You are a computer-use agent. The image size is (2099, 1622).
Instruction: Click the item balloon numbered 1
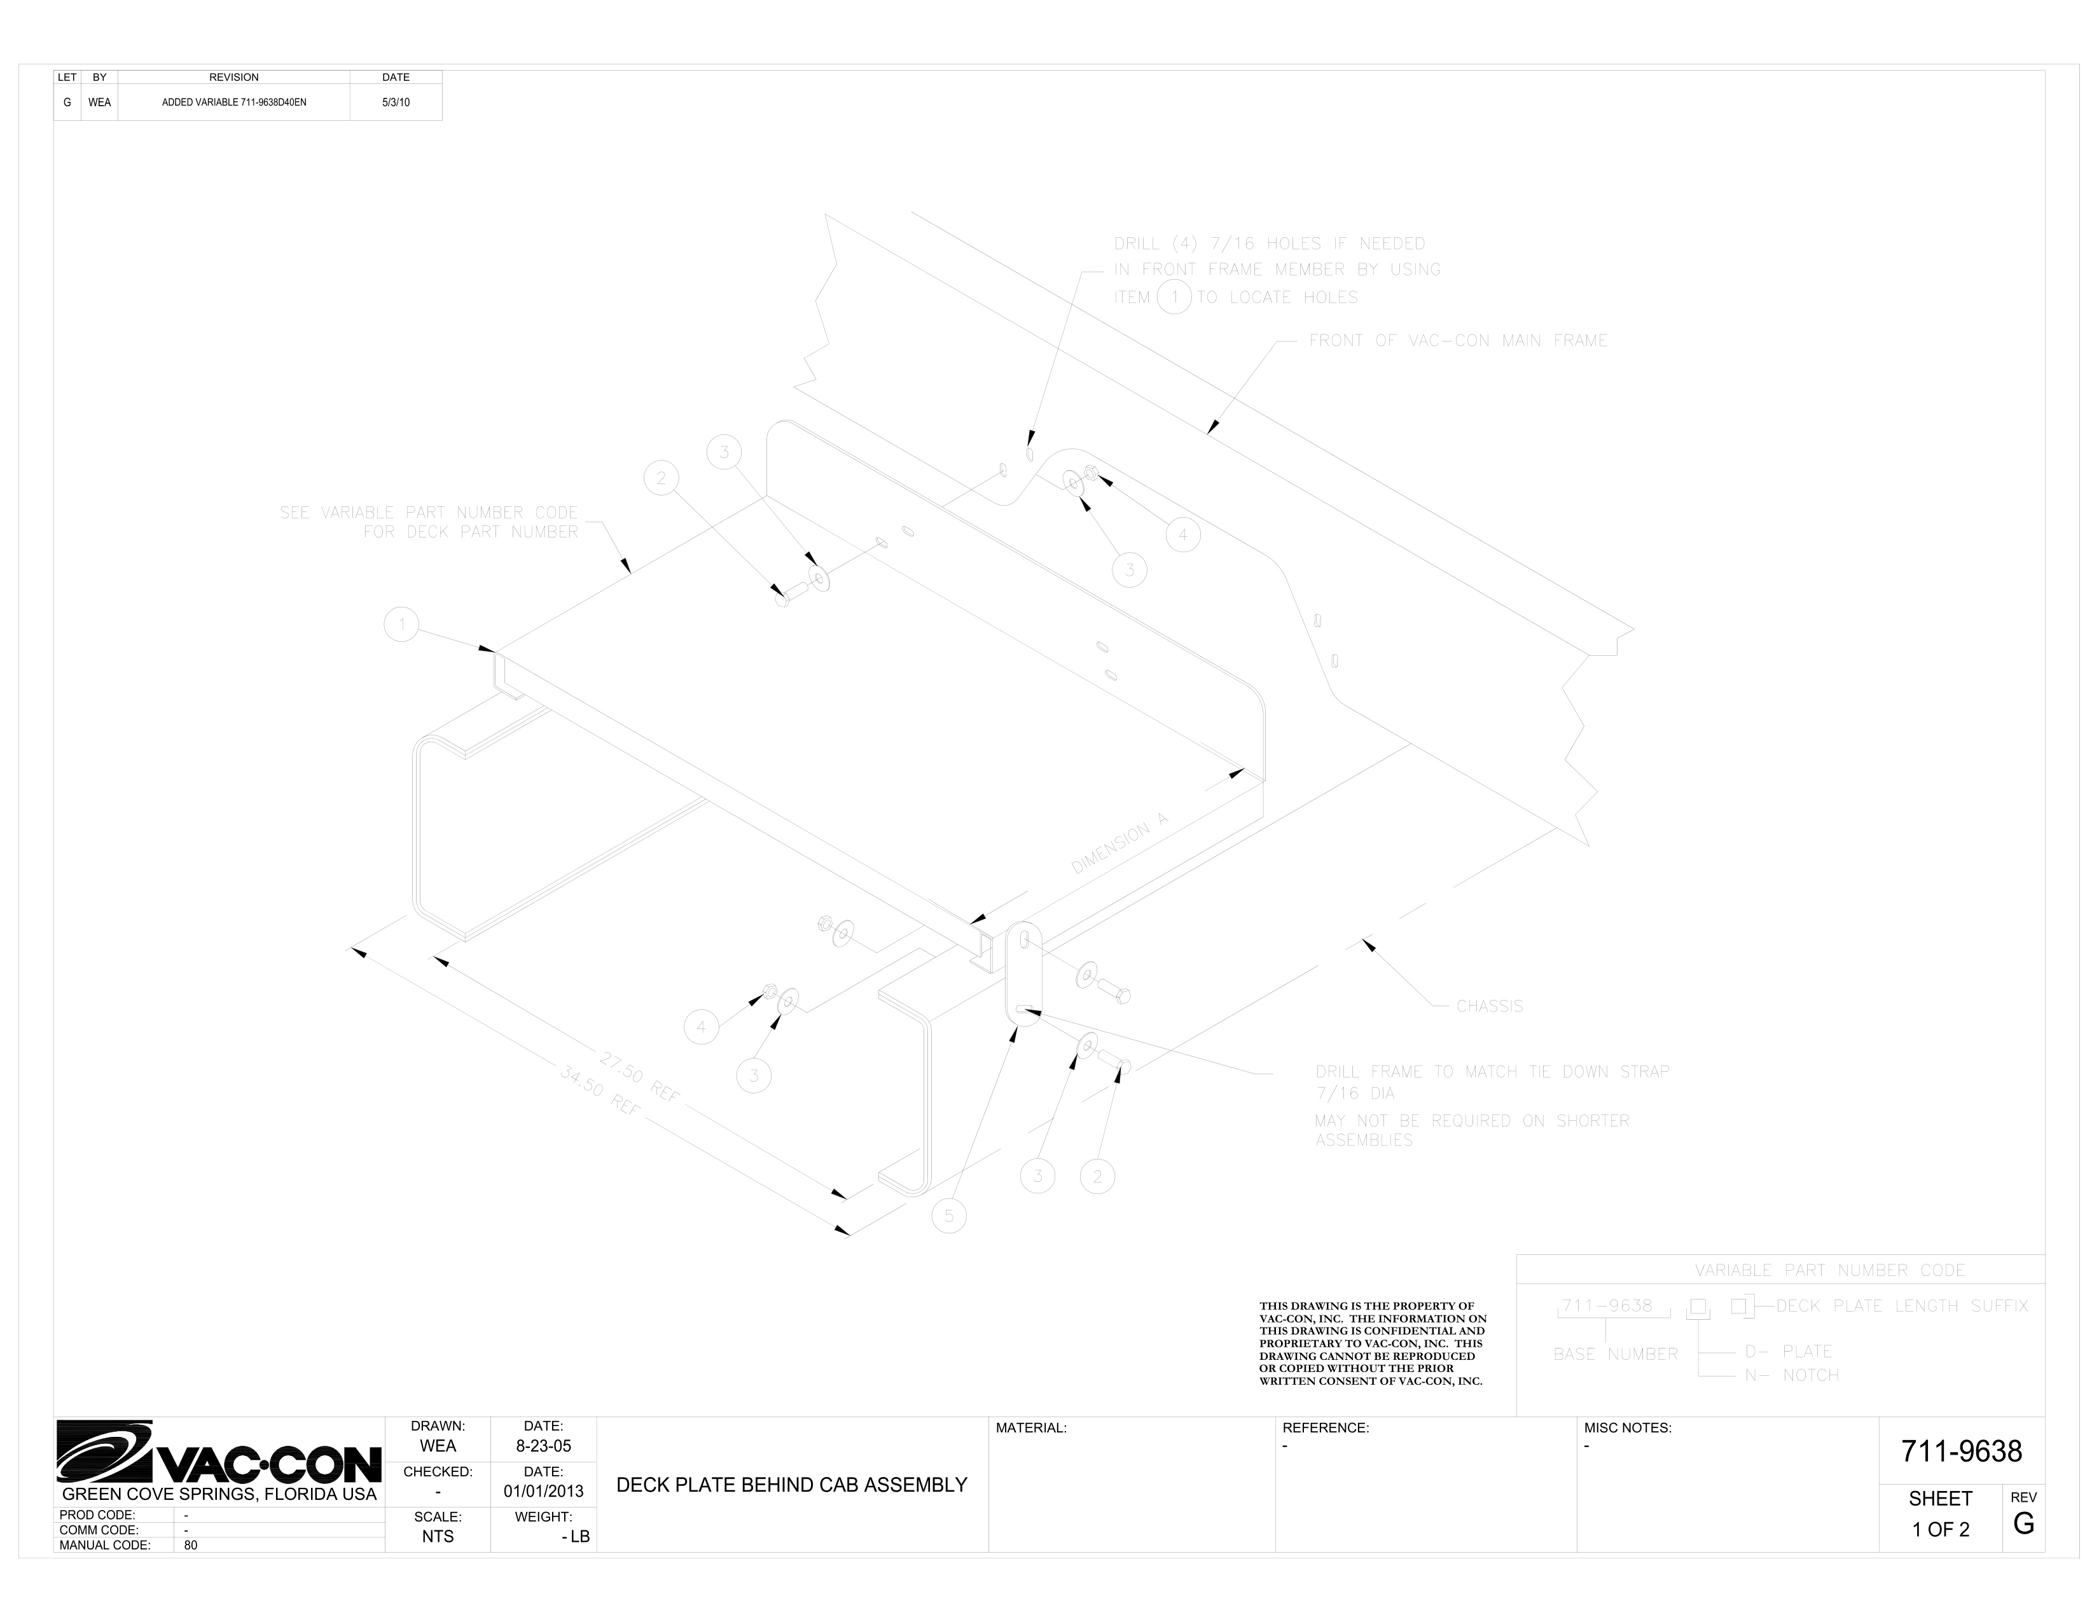click(x=402, y=625)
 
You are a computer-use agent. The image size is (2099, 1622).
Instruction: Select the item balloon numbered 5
click(x=948, y=1216)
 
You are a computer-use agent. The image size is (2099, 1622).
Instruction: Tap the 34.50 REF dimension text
click(x=600, y=1090)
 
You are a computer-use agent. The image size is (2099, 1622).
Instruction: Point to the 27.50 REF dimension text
click(x=639, y=1076)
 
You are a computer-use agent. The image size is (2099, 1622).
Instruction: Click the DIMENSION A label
click(x=1119, y=843)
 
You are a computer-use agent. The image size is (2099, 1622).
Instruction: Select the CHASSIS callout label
click(x=1489, y=1006)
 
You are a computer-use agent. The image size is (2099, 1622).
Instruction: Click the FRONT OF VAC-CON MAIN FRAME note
click(x=1457, y=340)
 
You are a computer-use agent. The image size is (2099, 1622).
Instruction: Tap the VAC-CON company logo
click(x=219, y=1452)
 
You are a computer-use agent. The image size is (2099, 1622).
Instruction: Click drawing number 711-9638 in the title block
click(x=1960, y=1451)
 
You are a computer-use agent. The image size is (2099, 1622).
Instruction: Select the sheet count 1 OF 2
click(x=1941, y=1530)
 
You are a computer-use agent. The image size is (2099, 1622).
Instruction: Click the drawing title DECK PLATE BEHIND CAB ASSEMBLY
click(x=791, y=1485)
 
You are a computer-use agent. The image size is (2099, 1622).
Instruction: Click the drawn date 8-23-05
click(x=543, y=1446)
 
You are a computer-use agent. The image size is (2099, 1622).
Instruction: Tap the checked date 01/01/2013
click(x=543, y=1492)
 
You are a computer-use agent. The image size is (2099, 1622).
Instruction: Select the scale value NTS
click(x=438, y=1537)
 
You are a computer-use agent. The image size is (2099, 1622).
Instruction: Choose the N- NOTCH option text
click(x=1791, y=1375)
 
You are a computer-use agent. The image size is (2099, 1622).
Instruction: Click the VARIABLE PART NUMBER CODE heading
click(x=1829, y=1270)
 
